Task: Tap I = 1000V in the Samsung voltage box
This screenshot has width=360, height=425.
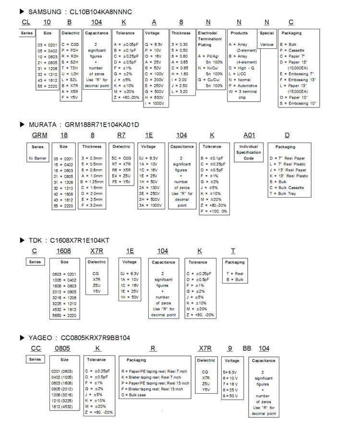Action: point(156,103)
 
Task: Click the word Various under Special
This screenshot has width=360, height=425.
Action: point(267,44)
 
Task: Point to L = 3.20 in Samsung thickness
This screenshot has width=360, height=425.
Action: point(180,91)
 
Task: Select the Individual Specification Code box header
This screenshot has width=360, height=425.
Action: point(249,152)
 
